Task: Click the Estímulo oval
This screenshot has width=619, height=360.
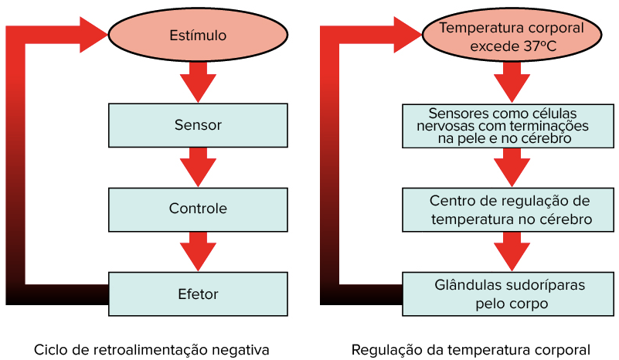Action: click(198, 36)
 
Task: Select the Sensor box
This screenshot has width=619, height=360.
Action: click(198, 124)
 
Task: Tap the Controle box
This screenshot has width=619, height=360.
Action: click(198, 209)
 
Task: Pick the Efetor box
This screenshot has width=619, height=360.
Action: click(198, 294)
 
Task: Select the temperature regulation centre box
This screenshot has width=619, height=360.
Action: click(509, 209)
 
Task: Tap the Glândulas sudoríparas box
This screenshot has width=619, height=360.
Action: click(509, 294)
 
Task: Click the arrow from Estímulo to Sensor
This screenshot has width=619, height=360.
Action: click(199, 80)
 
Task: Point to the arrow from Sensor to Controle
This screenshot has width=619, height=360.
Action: click(199, 167)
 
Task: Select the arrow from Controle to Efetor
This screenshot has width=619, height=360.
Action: click(199, 251)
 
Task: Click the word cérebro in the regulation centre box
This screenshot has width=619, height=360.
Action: click(566, 219)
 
